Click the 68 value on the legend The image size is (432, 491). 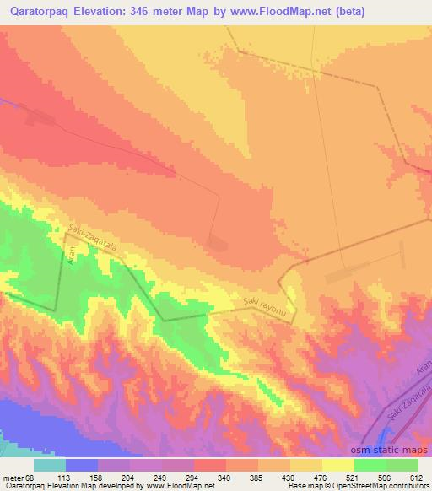tap(30, 476)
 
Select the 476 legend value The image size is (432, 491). tap(321, 476)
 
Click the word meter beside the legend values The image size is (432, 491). tap(13, 476)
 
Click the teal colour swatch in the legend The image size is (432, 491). tap(49, 465)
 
